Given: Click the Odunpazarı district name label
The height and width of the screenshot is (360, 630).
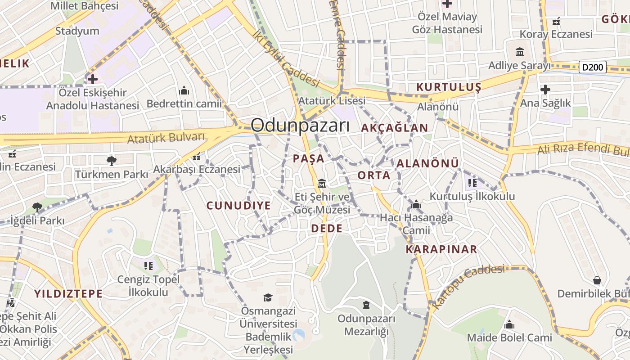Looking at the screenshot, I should tap(300, 125).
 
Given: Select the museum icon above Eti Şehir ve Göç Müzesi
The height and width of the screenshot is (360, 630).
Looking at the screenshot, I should tap(322, 184).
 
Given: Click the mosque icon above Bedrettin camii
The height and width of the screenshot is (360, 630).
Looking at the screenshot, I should tap(184, 91).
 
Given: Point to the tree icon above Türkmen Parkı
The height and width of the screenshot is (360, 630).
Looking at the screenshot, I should tap(111, 161).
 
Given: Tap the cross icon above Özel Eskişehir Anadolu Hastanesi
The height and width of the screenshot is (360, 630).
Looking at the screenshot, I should tap(93, 79).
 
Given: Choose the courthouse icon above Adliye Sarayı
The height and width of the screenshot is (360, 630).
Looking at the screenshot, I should tap(520, 52).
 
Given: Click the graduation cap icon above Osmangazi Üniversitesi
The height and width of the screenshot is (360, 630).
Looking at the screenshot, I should tap(268, 297).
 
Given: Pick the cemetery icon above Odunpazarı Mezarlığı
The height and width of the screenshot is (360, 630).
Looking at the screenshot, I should tap(366, 305).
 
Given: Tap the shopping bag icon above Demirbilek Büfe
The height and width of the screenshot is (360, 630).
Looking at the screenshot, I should tap(597, 280).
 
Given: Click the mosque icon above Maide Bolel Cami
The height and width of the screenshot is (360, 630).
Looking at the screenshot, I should tap(509, 324).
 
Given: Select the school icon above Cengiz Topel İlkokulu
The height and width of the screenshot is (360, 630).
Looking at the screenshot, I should tap(148, 266).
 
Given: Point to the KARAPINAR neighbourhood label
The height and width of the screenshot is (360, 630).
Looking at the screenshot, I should tap(441, 249).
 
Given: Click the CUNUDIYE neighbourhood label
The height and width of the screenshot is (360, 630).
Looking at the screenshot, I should tap(238, 206).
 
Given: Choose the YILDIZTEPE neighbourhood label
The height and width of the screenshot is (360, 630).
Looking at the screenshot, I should tap(68, 294).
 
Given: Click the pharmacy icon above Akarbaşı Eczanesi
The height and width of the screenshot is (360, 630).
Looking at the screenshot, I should tap(196, 157).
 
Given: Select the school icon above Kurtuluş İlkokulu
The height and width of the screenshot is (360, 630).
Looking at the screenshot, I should tap(472, 183).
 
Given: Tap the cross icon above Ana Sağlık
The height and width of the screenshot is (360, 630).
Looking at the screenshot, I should tap(545, 90).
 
